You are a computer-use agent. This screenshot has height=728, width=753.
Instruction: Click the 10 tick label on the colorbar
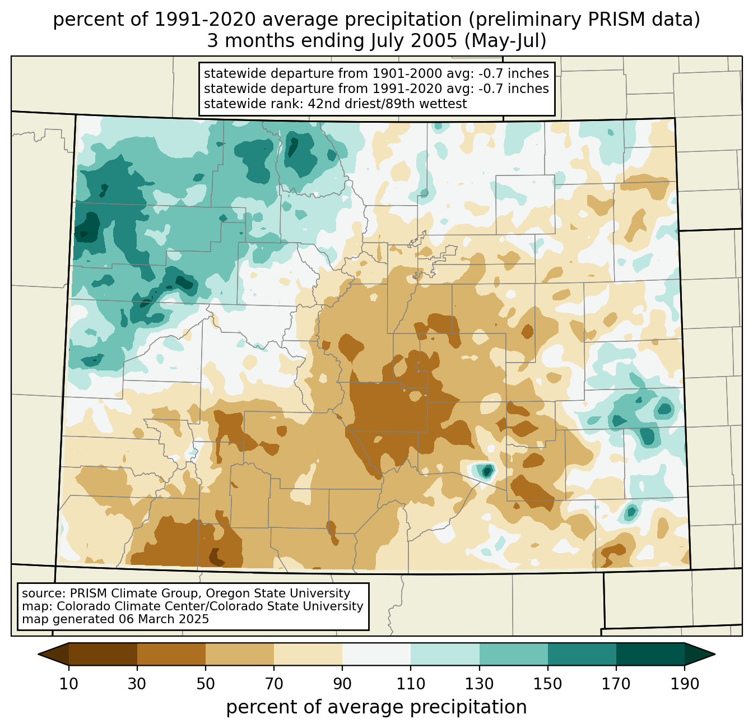[69, 684]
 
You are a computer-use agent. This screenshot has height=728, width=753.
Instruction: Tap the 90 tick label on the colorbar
[342, 684]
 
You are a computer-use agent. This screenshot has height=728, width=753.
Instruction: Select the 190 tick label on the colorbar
[685, 684]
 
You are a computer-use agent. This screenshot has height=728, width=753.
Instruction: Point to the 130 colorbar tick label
[480, 684]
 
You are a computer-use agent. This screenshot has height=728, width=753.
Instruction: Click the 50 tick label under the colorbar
[206, 684]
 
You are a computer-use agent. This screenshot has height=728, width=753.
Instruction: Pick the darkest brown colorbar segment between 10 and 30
[103, 654]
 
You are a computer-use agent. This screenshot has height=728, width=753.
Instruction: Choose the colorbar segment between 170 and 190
[650, 654]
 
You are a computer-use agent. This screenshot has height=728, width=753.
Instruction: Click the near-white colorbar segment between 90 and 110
[376, 654]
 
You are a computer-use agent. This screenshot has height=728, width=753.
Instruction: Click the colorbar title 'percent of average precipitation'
[376, 707]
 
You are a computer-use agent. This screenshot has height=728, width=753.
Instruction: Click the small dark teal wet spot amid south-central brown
[486, 471]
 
